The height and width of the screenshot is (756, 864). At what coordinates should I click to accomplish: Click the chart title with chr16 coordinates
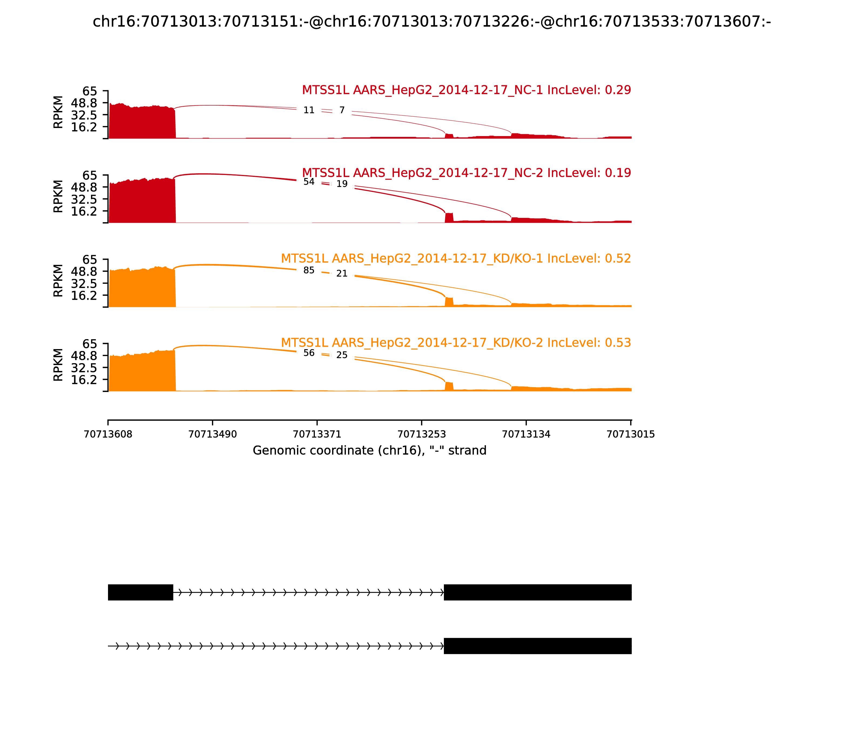(431, 22)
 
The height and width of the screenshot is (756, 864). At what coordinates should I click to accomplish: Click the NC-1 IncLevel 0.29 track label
(466, 90)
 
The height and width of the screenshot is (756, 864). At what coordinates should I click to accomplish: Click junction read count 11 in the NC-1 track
(309, 110)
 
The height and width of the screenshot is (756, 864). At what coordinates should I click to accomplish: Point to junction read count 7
(342, 110)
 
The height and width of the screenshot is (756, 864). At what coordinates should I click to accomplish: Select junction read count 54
(309, 182)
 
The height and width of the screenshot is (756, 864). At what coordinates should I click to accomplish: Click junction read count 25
(342, 355)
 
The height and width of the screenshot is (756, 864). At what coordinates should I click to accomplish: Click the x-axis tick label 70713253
(421, 434)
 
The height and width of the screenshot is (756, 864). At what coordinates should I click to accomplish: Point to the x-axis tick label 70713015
(630, 434)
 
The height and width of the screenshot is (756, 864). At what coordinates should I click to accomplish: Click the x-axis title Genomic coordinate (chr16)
(370, 451)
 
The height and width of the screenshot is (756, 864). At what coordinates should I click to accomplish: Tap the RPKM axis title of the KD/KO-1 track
(58, 281)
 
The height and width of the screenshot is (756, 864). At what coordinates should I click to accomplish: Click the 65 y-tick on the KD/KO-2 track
(89, 344)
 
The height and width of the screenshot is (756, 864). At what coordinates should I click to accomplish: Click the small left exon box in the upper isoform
(140, 592)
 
